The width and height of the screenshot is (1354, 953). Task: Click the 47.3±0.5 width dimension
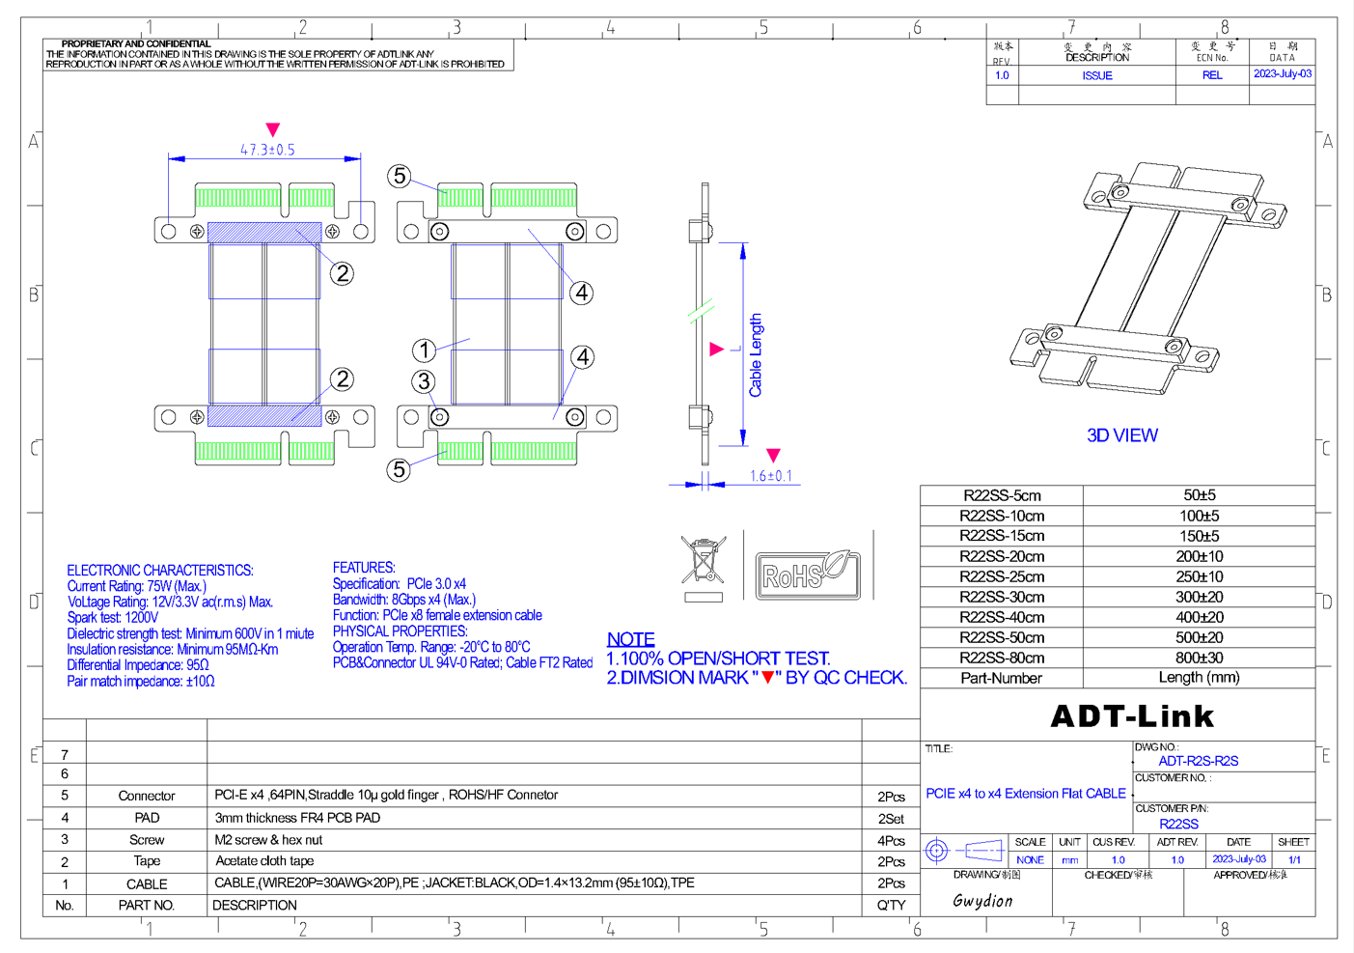[267, 150]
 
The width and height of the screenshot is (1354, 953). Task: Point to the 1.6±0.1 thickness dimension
[770, 476]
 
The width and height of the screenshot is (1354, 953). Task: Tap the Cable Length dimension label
[755, 354]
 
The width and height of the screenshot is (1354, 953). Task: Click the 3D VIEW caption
[1121, 435]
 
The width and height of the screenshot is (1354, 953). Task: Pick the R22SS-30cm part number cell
[1001, 597]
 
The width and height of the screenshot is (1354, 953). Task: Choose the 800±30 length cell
[1199, 658]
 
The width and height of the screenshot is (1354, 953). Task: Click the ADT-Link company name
[1131, 715]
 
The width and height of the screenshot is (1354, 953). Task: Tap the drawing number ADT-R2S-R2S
[1198, 761]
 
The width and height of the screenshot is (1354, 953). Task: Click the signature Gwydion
[982, 901]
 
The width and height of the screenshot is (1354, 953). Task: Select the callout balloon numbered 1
[424, 350]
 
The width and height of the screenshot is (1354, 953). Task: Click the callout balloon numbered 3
[424, 381]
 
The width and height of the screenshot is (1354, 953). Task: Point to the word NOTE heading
[630, 639]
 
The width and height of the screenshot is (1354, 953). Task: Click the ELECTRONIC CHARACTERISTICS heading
[160, 571]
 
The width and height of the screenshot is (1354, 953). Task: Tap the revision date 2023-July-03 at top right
[1282, 73]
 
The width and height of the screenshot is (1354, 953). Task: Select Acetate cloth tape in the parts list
[264, 861]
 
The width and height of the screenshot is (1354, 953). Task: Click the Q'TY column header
[891, 906]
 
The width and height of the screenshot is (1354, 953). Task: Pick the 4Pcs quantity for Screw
[891, 840]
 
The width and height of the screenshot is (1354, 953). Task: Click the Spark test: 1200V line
[113, 617]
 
